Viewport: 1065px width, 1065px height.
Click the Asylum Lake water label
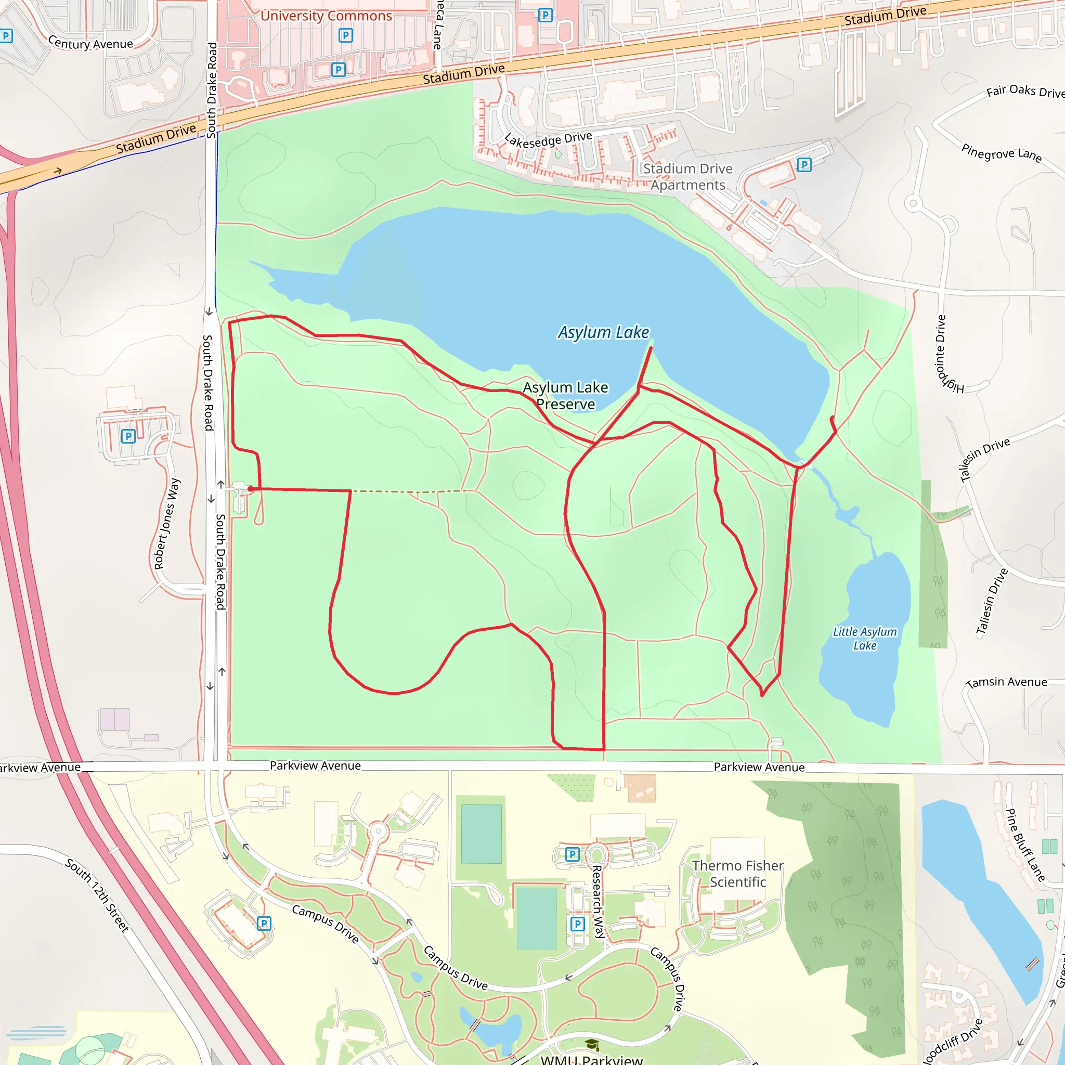603,332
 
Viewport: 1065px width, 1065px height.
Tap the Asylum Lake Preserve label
566,396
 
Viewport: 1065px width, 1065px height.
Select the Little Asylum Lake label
864,639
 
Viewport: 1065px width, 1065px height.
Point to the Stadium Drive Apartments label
687,177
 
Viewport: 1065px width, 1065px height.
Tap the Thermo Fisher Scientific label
737,874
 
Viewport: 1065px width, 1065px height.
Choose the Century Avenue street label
90,43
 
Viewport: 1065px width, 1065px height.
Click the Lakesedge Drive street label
548,140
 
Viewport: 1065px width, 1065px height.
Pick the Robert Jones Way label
166,524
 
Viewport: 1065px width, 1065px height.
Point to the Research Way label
598,901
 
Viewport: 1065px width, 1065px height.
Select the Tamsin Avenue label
1007,682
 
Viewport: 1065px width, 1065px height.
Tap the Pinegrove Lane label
1001,153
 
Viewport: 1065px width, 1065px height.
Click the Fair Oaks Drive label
1025,91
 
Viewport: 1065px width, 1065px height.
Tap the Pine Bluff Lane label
1025,845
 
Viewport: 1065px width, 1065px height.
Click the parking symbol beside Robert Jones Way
128,436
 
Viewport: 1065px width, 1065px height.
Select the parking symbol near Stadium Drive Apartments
804,164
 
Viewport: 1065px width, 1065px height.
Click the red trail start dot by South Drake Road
251,489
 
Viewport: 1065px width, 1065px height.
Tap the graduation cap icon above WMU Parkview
592,1044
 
